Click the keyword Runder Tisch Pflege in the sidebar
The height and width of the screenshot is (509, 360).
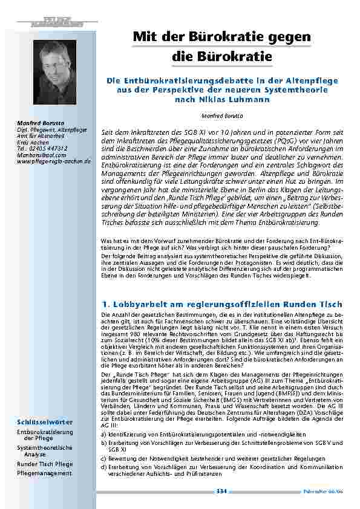(x=45, y=464)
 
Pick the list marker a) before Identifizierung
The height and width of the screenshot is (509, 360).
(x=103, y=434)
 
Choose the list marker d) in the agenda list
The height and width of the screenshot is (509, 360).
(x=103, y=468)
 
